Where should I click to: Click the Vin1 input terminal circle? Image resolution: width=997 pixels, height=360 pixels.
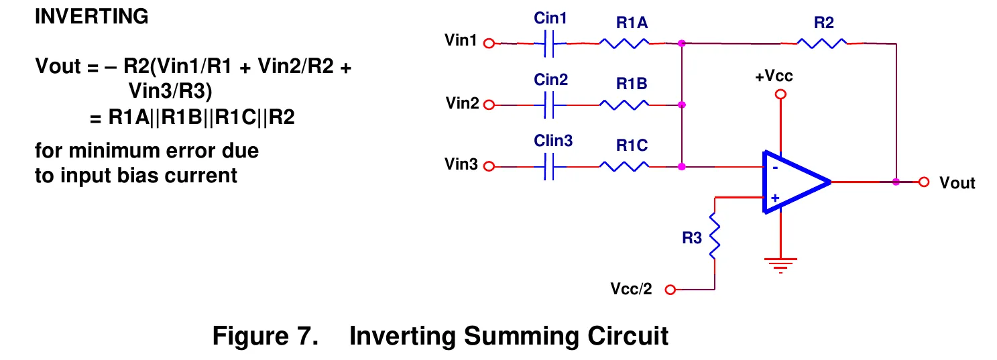pos(489,43)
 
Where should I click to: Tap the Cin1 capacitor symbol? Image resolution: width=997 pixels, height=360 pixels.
pos(549,44)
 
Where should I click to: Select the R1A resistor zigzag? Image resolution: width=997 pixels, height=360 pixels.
pos(624,43)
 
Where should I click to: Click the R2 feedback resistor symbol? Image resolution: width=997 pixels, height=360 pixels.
pos(821,43)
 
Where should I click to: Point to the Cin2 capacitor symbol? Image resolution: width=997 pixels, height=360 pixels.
pos(549,105)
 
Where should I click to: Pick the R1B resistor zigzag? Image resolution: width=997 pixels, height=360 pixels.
pos(624,105)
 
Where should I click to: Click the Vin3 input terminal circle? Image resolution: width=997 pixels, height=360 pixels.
pos(489,166)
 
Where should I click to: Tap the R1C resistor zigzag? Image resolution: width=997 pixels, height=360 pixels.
pos(624,166)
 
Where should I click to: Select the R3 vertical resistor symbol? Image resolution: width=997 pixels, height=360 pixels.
pos(714,236)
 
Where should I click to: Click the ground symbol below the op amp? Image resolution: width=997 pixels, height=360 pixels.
pos(780,265)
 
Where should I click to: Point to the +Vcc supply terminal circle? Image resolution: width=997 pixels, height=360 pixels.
pos(780,95)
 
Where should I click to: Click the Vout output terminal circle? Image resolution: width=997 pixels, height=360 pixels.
pos(924,182)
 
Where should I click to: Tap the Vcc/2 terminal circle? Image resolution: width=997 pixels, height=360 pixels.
pos(670,290)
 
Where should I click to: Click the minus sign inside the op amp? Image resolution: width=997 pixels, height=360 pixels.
pos(775,168)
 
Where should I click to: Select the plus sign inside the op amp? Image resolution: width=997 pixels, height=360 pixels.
pos(775,198)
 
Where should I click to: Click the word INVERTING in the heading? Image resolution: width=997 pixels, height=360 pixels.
pos(92,17)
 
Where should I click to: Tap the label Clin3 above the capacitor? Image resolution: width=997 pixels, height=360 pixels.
pos(553,141)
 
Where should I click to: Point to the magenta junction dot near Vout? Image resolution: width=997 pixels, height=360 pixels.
pos(896,182)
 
